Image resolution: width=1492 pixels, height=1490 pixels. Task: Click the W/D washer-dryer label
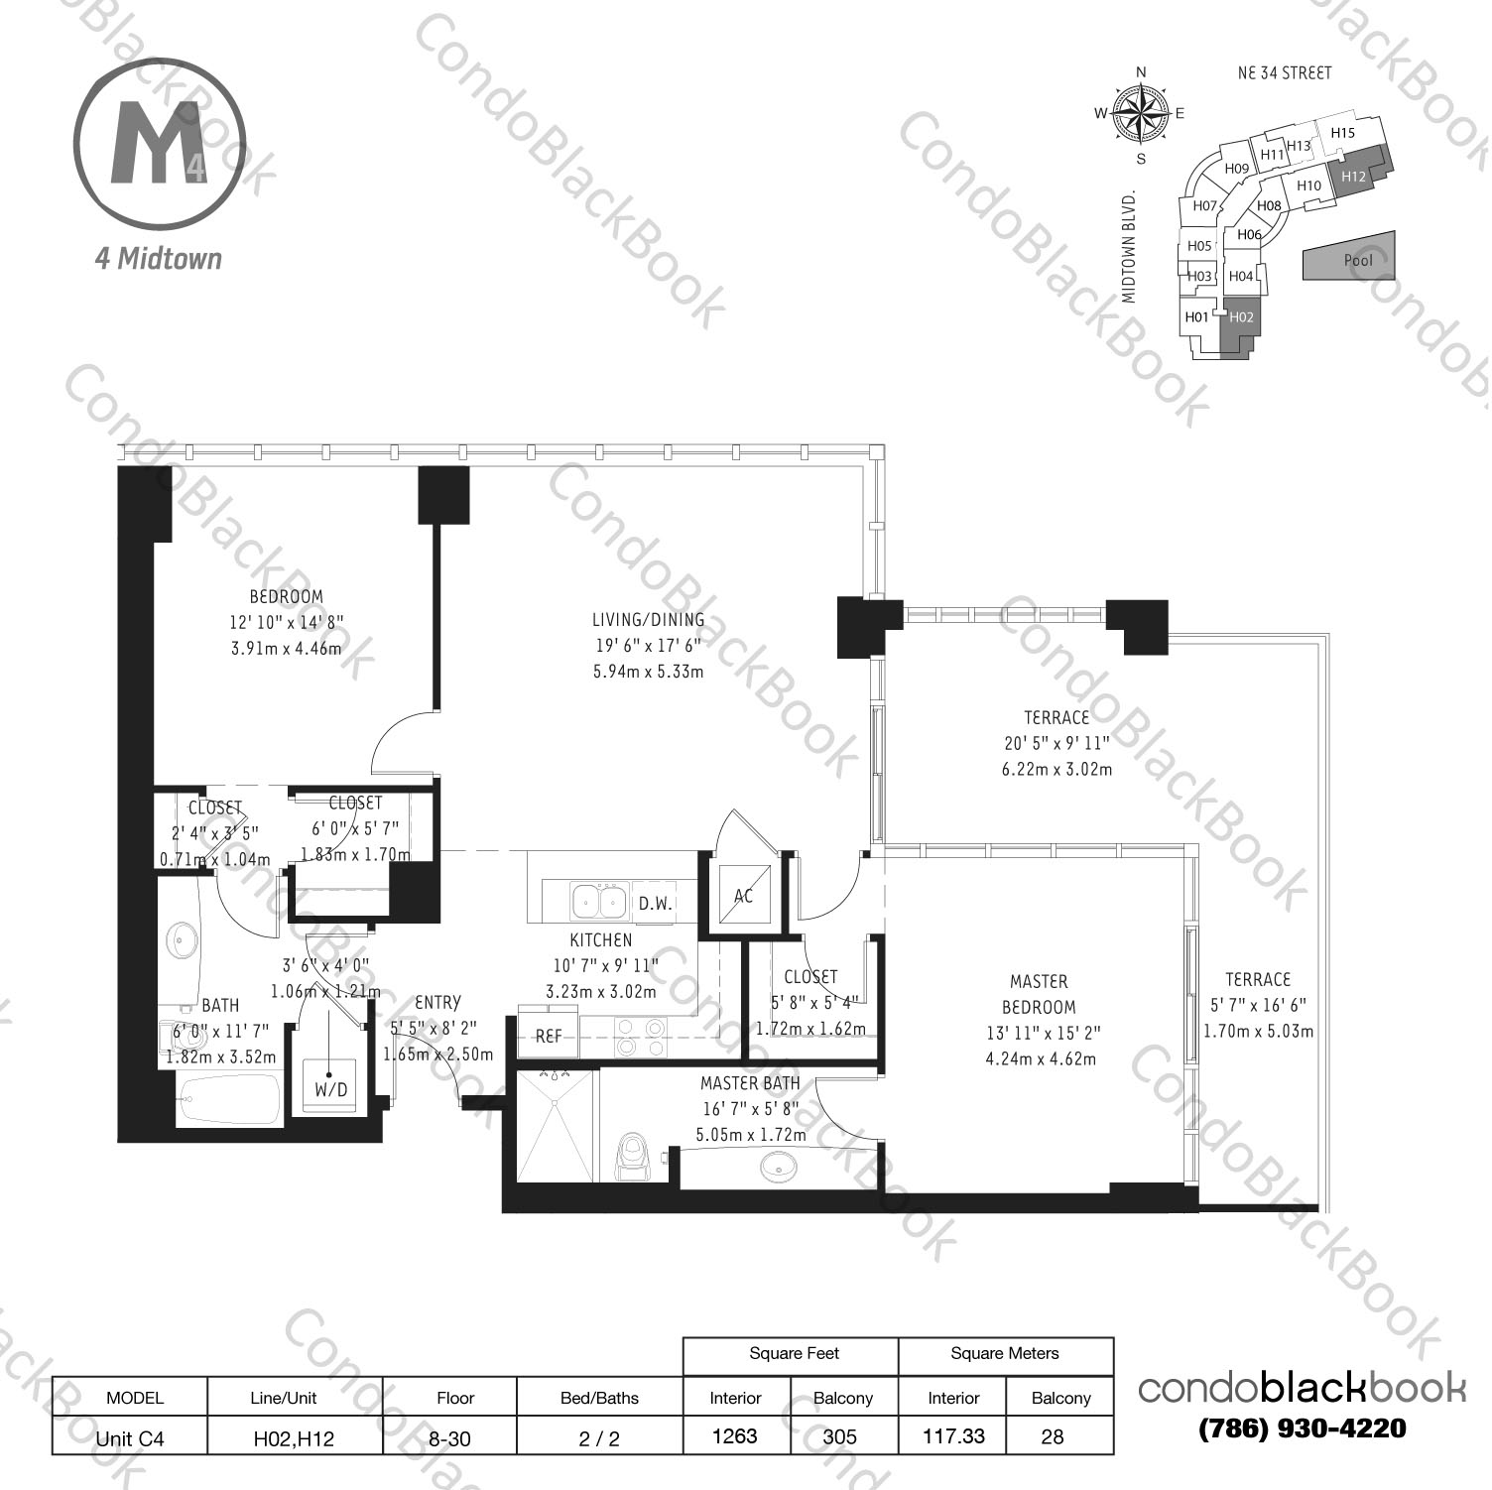coord(331,1089)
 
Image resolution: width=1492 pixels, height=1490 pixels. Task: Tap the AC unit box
coord(744,896)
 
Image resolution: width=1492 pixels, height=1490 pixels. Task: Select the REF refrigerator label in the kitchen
coord(549,1036)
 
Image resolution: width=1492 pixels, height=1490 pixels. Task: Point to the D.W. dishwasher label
coord(655,903)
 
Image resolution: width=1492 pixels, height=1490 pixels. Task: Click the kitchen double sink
coord(598,902)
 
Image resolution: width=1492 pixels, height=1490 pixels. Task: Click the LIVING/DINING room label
coord(648,620)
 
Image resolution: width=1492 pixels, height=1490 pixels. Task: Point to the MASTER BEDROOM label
coord(1039,994)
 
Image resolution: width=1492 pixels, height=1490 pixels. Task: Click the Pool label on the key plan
coord(1358,260)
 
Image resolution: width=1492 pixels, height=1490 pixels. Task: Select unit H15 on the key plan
coord(1342,133)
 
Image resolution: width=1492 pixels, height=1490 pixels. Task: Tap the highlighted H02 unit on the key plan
coord(1241,317)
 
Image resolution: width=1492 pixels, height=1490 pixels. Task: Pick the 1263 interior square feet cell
coord(735,1435)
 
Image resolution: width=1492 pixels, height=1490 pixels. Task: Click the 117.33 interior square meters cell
coord(953,1435)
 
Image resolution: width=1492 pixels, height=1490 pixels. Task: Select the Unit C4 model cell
coord(130,1438)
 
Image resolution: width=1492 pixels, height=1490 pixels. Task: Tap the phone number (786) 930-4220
coord(1302,1428)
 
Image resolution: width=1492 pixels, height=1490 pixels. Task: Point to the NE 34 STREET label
coord(1285,72)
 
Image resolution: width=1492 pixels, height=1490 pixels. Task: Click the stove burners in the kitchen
coord(640,1038)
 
